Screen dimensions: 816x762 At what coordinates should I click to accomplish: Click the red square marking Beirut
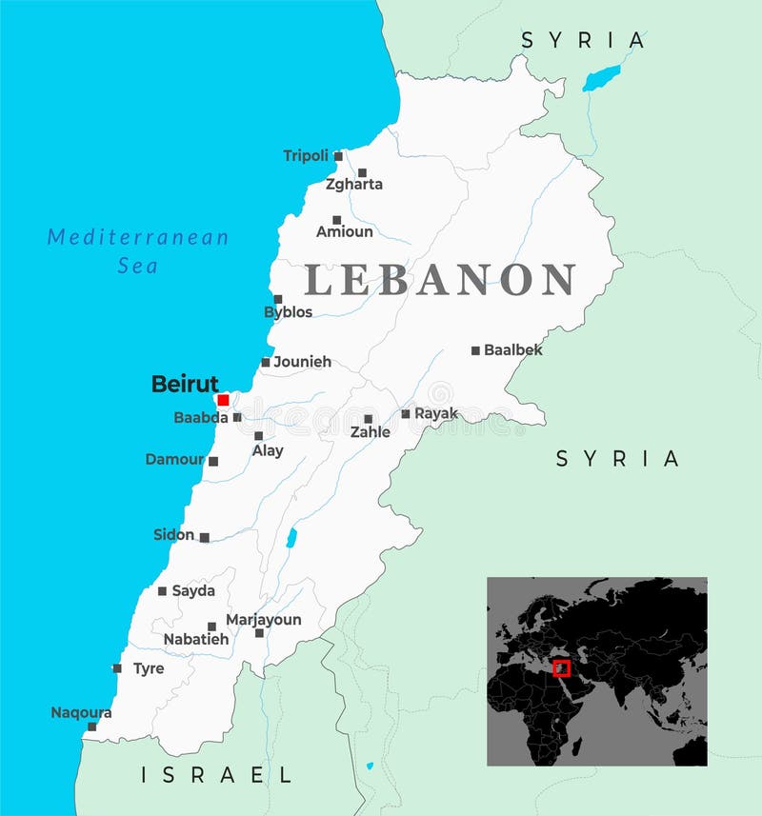(223, 400)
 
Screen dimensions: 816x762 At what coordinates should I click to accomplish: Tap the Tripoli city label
(305, 155)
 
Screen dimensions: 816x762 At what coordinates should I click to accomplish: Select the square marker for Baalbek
(475, 350)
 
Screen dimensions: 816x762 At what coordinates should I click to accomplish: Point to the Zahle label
(370, 432)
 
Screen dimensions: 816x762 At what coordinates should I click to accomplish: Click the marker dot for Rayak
(406, 414)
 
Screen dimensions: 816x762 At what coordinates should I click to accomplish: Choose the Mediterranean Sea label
(138, 250)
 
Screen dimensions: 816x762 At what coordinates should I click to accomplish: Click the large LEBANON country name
(439, 280)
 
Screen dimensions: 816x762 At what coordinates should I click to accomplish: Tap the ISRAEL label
(217, 775)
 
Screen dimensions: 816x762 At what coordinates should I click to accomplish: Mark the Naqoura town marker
(91, 726)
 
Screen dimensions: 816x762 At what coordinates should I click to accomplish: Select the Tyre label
(148, 668)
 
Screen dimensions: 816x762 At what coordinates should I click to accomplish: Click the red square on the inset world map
(561, 667)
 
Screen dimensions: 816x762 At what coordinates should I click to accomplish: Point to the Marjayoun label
(263, 620)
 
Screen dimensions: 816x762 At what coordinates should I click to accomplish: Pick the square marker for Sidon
(204, 537)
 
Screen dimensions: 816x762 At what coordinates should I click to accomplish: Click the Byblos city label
(288, 312)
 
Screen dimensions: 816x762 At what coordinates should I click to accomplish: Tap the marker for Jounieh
(266, 362)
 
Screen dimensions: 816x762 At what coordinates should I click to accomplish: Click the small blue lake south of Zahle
(291, 538)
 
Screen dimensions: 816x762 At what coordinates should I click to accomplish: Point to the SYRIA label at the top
(583, 40)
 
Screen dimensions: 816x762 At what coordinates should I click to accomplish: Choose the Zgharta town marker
(362, 173)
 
